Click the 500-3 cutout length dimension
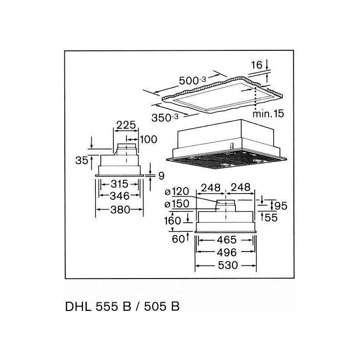[193, 81]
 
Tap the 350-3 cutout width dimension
[165, 118]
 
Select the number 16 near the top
[256, 65]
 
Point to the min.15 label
[268, 114]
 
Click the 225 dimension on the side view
[126, 126]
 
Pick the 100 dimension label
[148, 139]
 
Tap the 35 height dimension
[82, 161]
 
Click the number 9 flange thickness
[162, 176]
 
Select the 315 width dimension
[120, 184]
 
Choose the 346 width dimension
[120, 196]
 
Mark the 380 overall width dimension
[120, 210]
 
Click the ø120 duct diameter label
[177, 192]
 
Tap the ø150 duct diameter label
[177, 204]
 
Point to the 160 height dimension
[172, 221]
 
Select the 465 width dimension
[227, 240]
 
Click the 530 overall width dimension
[228, 265]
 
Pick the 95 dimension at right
[281, 206]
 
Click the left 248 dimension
[211, 188]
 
